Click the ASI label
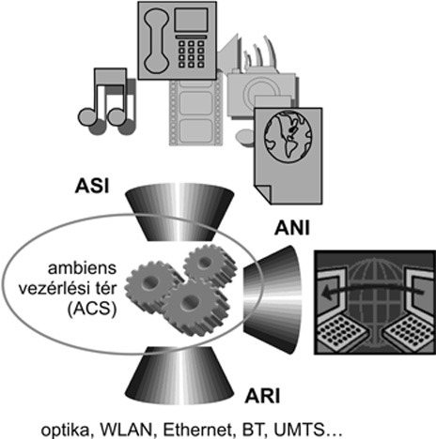pyautogui.click(x=92, y=186)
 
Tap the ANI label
pyautogui.click(x=292, y=228)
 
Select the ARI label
pyautogui.click(x=262, y=397)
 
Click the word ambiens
pyautogui.click(x=82, y=268)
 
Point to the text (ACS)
pyautogui.click(x=92, y=309)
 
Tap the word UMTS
pyautogui.click(x=299, y=430)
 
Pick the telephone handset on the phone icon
pyautogui.click(x=156, y=41)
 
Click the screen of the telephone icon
pyautogui.click(x=191, y=20)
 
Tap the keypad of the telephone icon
pyautogui.click(x=191, y=53)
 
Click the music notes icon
pyautogui.click(x=107, y=101)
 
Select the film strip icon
pyautogui.click(x=195, y=110)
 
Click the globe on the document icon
pyautogui.click(x=288, y=136)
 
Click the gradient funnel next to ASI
pyautogui.click(x=179, y=212)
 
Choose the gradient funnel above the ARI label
pyautogui.click(x=179, y=375)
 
